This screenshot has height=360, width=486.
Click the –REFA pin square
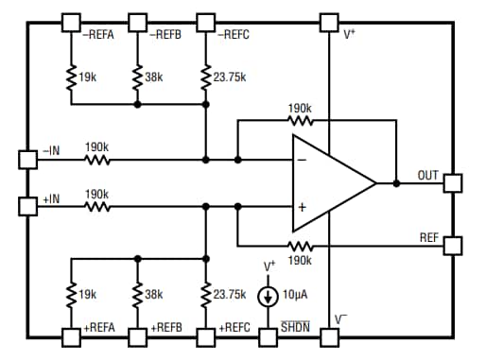[x=70, y=21]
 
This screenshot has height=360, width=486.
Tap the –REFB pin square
[x=138, y=21]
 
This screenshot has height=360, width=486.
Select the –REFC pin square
[x=205, y=21]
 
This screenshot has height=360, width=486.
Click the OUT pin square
[x=452, y=183]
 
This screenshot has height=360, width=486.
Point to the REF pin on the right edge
[x=452, y=245]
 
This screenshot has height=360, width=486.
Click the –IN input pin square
[x=26, y=159]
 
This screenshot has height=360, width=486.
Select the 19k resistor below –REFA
[x=70, y=77]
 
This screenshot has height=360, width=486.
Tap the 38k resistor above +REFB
[x=138, y=294]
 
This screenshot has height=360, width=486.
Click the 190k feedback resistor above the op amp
[x=300, y=122]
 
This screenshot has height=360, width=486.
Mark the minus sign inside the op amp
[x=304, y=160]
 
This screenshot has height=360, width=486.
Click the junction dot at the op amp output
[x=395, y=183]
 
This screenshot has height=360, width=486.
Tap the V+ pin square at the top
[x=328, y=21]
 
